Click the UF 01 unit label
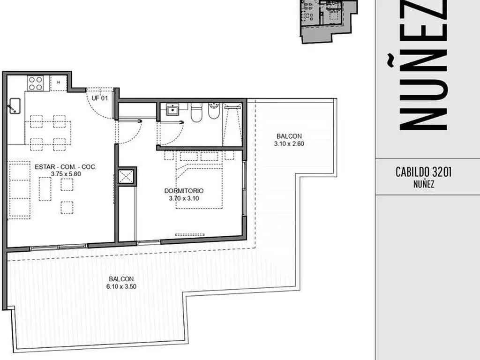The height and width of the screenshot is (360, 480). [x=100, y=98]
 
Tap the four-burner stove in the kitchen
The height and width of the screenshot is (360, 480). [x=35, y=83]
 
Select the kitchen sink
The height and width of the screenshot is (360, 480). [x=15, y=106]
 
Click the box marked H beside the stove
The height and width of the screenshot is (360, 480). [x=58, y=82]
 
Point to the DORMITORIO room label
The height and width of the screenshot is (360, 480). [x=184, y=191]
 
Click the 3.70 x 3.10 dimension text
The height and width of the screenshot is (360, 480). [x=184, y=198]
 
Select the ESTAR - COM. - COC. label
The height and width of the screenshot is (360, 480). [x=66, y=167]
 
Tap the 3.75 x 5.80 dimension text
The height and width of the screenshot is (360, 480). [x=66, y=174]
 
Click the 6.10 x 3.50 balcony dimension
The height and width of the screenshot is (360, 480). [x=121, y=286]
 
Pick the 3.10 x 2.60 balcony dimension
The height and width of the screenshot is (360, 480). [x=289, y=144]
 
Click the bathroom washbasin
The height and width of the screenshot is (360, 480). [x=172, y=110]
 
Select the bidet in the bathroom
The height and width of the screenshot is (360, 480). [x=214, y=111]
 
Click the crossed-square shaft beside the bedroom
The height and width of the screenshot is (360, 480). [x=126, y=176]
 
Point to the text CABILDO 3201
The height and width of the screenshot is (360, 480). [x=423, y=172]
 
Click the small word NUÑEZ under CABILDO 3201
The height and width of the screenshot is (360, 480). [x=424, y=184]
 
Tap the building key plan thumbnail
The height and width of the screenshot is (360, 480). [x=328, y=21]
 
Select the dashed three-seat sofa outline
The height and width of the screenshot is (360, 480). [x=20, y=190]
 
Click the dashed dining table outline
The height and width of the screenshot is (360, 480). [x=48, y=133]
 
